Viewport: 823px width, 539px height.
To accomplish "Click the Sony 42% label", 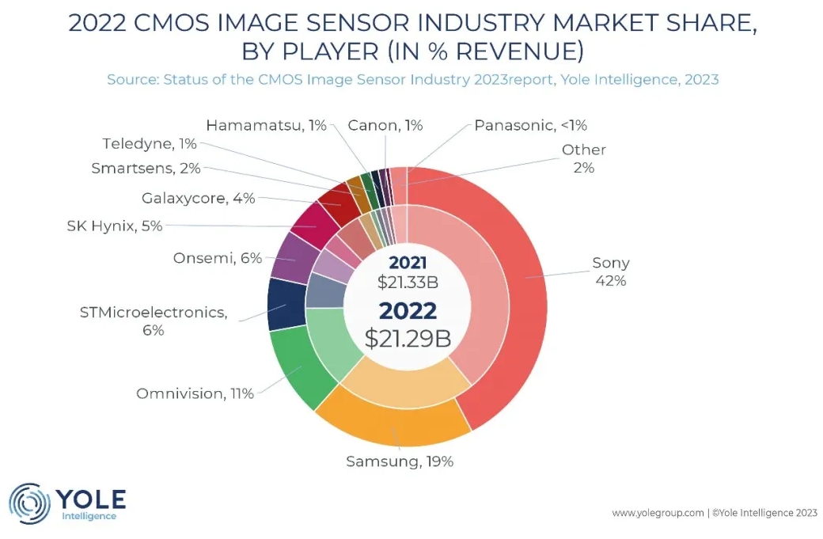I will click(x=610, y=271).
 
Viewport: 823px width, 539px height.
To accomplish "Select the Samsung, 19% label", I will click(x=400, y=461).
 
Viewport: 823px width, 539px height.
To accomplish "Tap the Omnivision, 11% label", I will click(x=195, y=393).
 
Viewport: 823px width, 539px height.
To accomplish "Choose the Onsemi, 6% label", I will click(x=217, y=258).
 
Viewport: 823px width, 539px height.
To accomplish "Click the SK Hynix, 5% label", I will click(x=115, y=226).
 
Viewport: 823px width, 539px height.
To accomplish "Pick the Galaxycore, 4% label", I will click(x=198, y=199).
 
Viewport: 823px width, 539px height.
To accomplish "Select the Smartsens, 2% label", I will click(x=146, y=168).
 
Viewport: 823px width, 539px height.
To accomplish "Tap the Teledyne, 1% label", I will click(x=149, y=144).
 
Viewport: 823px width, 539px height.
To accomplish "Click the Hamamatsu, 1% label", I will click(x=266, y=125).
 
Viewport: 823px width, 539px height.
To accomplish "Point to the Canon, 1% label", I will click(x=385, y=125).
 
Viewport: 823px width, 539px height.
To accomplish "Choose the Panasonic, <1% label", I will click(x=530, y=125).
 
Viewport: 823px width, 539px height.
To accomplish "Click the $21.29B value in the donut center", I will click(x=408, y=338).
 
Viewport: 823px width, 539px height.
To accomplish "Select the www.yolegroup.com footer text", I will click(x=658, y=513).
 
